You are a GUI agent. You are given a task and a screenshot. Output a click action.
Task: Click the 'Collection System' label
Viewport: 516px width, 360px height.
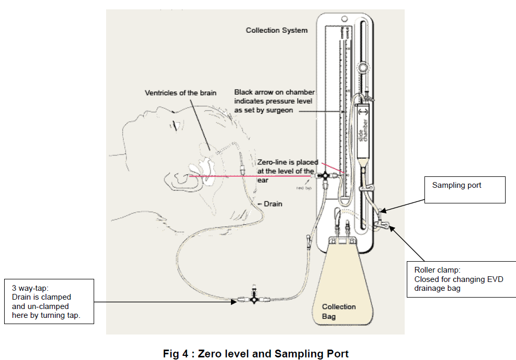[276, 30]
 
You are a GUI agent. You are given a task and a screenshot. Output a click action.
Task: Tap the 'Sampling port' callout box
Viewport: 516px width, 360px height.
[468, 189]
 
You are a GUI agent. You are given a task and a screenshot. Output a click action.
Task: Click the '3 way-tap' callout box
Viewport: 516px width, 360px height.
[49, 301]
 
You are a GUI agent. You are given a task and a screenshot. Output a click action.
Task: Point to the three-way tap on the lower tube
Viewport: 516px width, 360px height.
[253, 300]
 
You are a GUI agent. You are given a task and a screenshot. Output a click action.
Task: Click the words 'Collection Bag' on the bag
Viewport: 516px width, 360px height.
[339, 311]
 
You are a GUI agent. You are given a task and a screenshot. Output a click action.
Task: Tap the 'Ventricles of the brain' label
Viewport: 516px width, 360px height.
[180, 93]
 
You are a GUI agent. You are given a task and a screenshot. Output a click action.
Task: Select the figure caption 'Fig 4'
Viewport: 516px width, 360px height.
[255, 354]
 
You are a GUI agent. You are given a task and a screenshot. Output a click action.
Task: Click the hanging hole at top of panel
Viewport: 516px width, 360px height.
[344, 19]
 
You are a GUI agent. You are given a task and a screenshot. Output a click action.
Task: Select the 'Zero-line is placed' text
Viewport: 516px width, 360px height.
[288, 163]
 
